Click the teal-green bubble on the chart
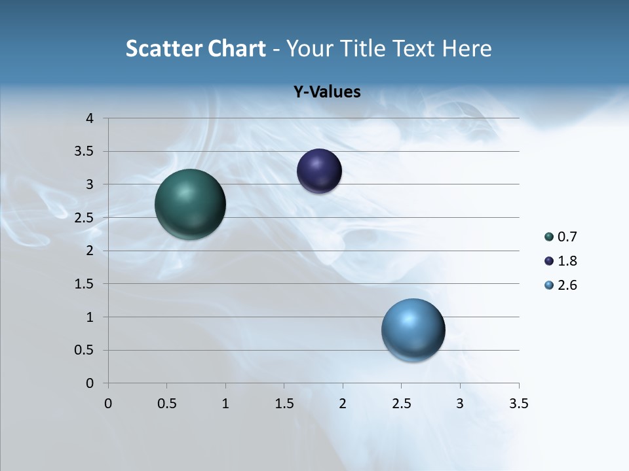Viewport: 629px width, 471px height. [x=190, y=204]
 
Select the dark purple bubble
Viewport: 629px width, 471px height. [x=319, y=171]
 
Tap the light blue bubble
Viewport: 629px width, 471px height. [x=413, y=330]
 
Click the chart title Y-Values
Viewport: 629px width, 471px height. [x=326, y=92]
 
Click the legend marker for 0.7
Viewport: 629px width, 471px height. [x=549, y=237]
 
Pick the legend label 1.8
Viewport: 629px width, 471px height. [x=567, y=261]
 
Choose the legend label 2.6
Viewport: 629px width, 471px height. [x=567, y=285]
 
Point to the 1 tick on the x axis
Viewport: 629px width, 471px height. [x=225, y=404]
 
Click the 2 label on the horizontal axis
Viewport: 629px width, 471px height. [x=343, y=404]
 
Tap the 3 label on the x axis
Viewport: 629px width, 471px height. [x=460, y=404]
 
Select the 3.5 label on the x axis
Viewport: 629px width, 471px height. [x=518, y=404]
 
